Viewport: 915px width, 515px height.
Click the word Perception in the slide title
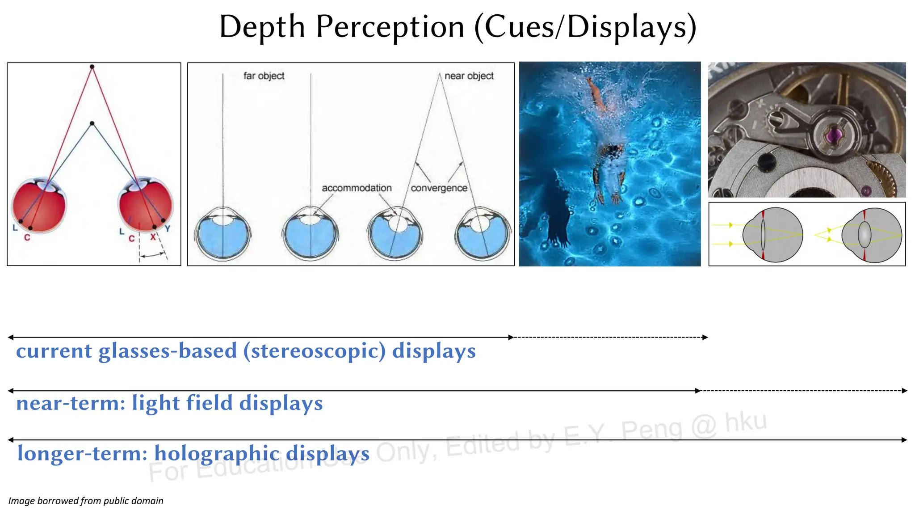[x=390, y=27]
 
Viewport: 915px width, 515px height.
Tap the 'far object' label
[x=264, y=76]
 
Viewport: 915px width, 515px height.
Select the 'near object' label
[x=469, y=76]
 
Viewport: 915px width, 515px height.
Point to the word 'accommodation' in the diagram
[x=357, y=188]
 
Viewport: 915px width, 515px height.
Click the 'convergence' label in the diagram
[x=439, y=188]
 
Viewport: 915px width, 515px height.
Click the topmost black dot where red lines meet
[x=92, y=67]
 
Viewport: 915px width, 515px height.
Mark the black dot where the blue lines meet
[x=92, y=123]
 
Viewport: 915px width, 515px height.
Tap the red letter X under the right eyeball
[x=153, y=237]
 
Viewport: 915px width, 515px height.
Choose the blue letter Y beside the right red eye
[x=168, y=229]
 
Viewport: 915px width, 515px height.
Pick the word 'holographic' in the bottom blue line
[x=217, y=453]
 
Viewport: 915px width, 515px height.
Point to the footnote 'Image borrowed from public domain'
[x=86, y=501]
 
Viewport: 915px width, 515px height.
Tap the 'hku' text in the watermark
[x=746, y=422]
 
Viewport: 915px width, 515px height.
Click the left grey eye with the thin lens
[x=772, y=235]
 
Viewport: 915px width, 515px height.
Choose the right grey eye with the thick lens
[x=872, y=235]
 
